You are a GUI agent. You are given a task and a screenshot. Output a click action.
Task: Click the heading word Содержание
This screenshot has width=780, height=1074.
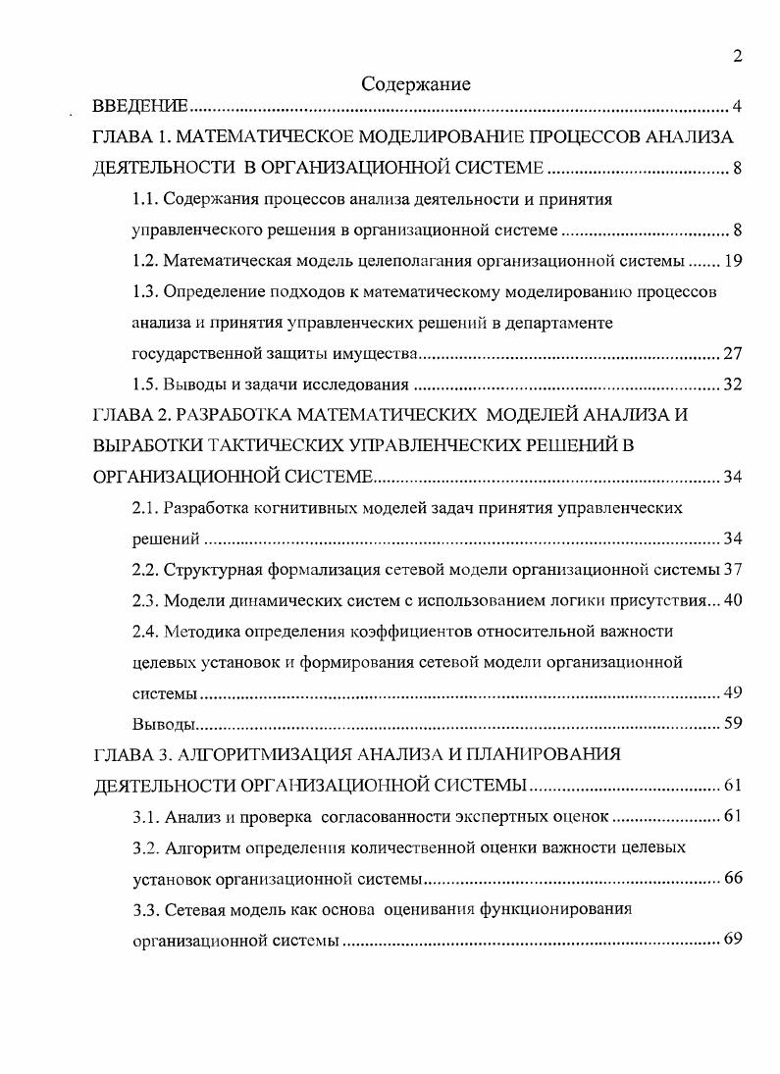(x=416, y=84)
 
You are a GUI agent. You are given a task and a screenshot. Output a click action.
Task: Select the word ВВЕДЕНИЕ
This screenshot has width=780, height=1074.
(x=141, y=107)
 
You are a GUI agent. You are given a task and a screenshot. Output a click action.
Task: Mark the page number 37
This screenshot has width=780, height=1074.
(x=732, y=570)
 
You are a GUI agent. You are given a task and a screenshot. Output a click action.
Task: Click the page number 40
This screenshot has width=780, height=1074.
(x=732, y=600)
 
